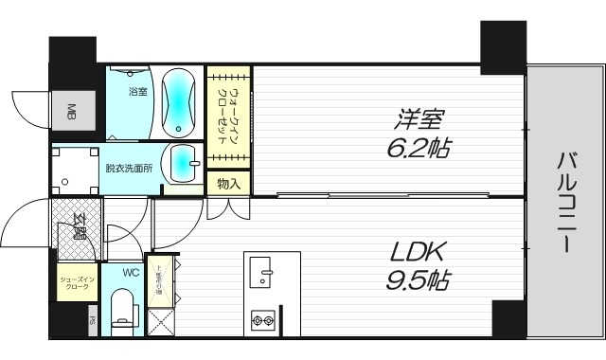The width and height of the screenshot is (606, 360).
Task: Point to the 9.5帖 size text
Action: (x=417, y=280)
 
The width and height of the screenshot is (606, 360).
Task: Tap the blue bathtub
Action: (x=179, y=101)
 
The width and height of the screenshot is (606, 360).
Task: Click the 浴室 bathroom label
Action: (x=137, y=92)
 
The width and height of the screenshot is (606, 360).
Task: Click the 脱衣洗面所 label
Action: (x=130, y=170)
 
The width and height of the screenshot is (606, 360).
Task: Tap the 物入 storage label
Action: (x=227, y=183)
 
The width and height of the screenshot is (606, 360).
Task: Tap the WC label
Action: (x=132, y=273)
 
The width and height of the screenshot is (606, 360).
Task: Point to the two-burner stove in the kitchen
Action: (x=263, y=322)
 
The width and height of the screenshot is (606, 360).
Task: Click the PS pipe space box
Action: (x=92, y=320)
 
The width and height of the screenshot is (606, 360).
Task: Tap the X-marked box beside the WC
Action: (x=160, y=321)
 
